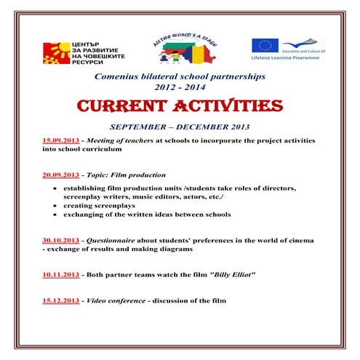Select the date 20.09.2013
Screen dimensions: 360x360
click(62, 175)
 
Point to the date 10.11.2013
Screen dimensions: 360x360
click(62, 276)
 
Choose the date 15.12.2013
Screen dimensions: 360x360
click(62, 300)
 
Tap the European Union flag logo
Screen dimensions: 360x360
click(263, 46)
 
